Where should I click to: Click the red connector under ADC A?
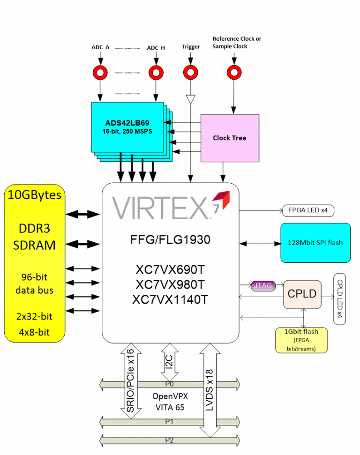pos(100,72)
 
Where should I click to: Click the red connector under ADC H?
pos(156,72)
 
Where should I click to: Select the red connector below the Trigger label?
pos(190,72)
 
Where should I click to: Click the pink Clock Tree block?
pos(229,138)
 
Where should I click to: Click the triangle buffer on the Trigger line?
pos(190,99)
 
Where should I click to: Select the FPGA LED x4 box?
pos(308,211)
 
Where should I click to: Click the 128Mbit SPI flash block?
pos(315,243)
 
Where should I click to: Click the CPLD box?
pos(302,294)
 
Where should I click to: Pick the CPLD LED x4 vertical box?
pos(339,299)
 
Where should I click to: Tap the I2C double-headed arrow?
pos(170,362)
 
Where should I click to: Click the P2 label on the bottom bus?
pos(169,440)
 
